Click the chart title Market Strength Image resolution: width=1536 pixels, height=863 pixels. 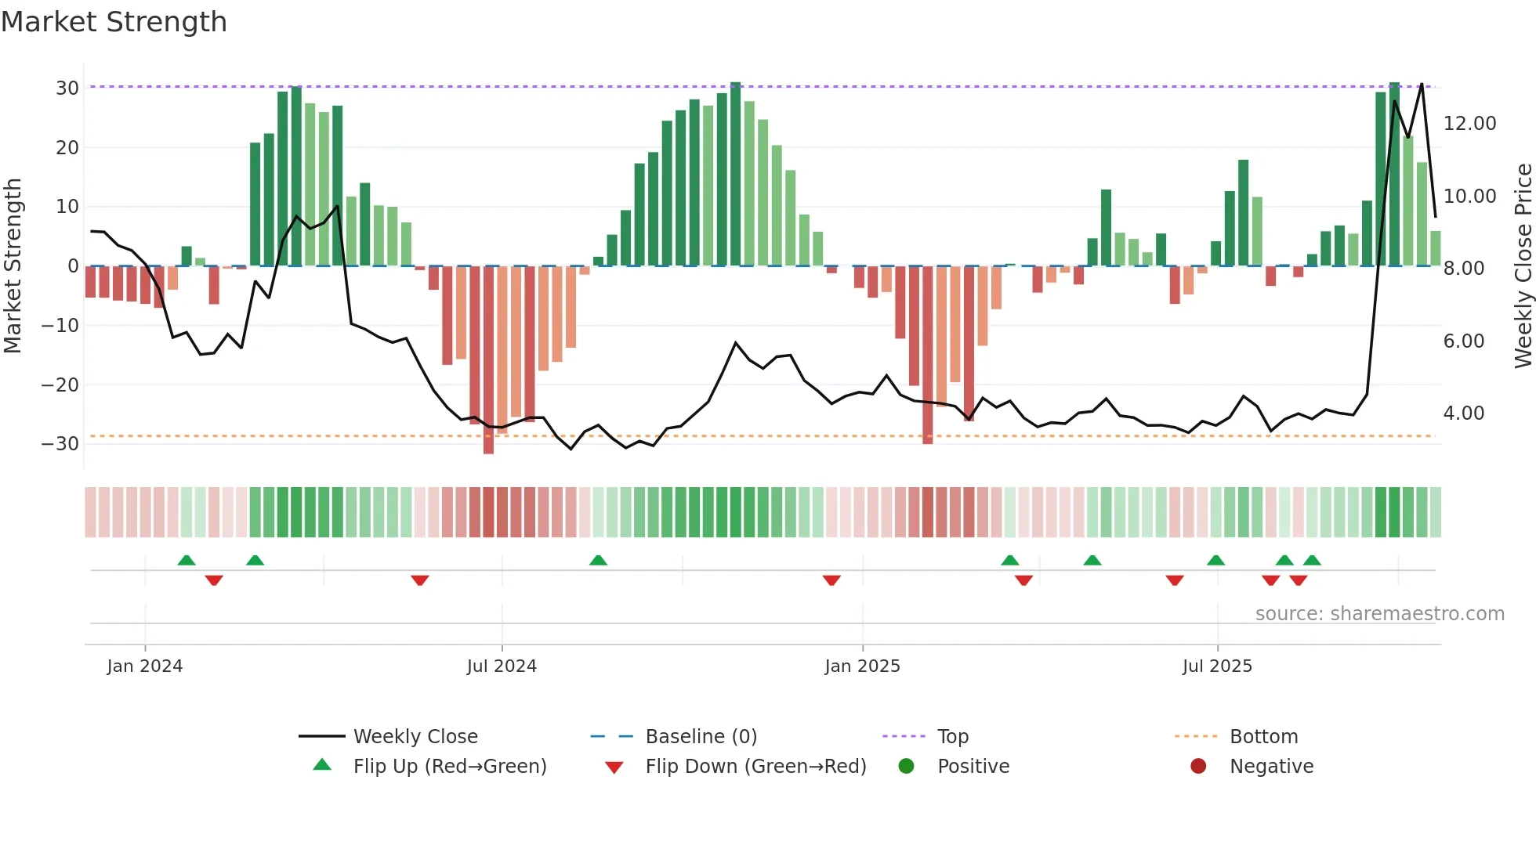click(x=114, y=22)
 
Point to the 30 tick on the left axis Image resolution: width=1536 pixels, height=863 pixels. click(x=67, y=88)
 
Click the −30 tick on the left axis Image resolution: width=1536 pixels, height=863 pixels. click(x=60, y=444)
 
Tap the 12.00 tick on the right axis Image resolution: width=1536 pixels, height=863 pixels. click(x=1469, y=124)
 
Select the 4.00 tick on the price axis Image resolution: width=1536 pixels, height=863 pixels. click(x=1463, y=413)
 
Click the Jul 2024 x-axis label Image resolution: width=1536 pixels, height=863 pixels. click(x=502, y=666)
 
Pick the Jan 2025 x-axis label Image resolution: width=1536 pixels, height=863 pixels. click(x=862, y=666)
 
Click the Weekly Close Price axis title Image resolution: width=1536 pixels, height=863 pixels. click(x=1523, y=266)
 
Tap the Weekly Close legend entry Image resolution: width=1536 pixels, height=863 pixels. click(x=415, y=737)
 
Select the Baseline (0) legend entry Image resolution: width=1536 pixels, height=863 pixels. click(x=701, y=737)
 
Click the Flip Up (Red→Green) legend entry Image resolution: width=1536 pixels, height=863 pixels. click(x=449, y=767)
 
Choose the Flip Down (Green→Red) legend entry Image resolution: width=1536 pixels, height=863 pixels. click(x=755, y=767)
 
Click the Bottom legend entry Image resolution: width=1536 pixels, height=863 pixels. click(x=1263, y=737)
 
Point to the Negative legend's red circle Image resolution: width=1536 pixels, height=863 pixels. click(x=1198, y=767)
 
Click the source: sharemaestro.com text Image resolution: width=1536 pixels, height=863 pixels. click(x=1379, y=614)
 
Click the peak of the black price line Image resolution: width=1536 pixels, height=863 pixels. click(x=1422, y=85)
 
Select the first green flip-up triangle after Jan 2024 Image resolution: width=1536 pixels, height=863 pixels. click(x=187, y=561)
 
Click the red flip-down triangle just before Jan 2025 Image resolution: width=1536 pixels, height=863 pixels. click(x=831, y=580)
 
